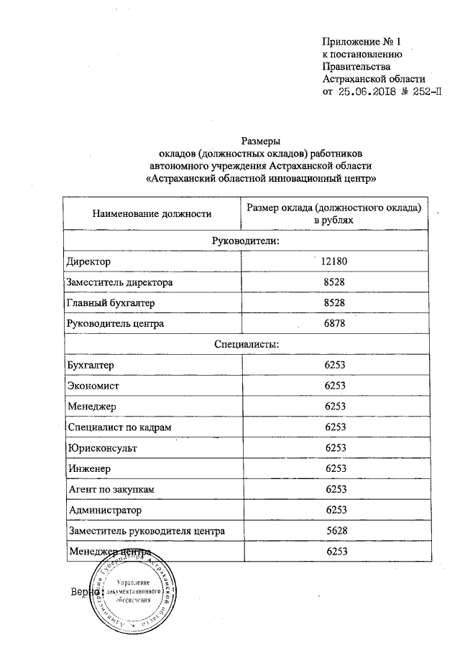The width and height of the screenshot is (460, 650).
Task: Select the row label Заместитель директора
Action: (119, 282)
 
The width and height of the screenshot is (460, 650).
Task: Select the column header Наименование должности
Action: (151, 213)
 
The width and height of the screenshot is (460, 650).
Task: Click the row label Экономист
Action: (93, 386)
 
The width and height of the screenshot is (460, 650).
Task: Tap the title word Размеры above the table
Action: (260, 141)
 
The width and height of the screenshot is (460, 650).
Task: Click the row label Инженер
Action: (91, 469)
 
